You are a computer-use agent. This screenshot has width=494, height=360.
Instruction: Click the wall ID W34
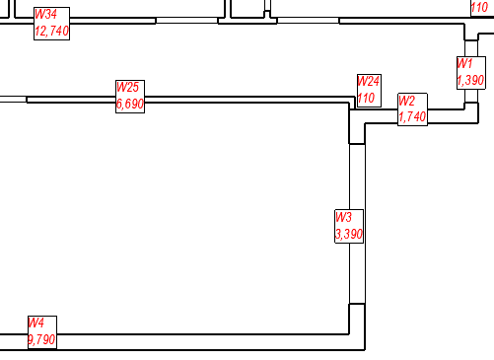click(x=45, y=15)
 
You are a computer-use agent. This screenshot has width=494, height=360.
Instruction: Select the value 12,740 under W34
click(x=51, y=31)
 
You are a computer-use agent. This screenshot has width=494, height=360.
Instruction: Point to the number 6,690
click(x=130, y=103)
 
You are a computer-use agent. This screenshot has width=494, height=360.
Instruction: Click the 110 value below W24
click(x=366, y=98)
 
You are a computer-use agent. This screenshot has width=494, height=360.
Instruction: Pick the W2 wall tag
click(x=407, y=102)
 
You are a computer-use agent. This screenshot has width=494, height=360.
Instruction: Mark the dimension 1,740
click(x=412, y=117)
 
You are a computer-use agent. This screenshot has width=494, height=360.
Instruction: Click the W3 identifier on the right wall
click(x=343, y=218)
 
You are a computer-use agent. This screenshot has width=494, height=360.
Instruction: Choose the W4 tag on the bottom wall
click(x=35, y=323)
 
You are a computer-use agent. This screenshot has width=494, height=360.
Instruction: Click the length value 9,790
click(x=41, y=338)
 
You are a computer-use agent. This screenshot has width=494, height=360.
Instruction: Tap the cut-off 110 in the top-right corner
click(x=479, y=6)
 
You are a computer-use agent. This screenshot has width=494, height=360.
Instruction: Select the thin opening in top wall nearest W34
click(x=186, y=20)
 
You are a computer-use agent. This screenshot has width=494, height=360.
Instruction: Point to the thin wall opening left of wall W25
click(x=13, y=99)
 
